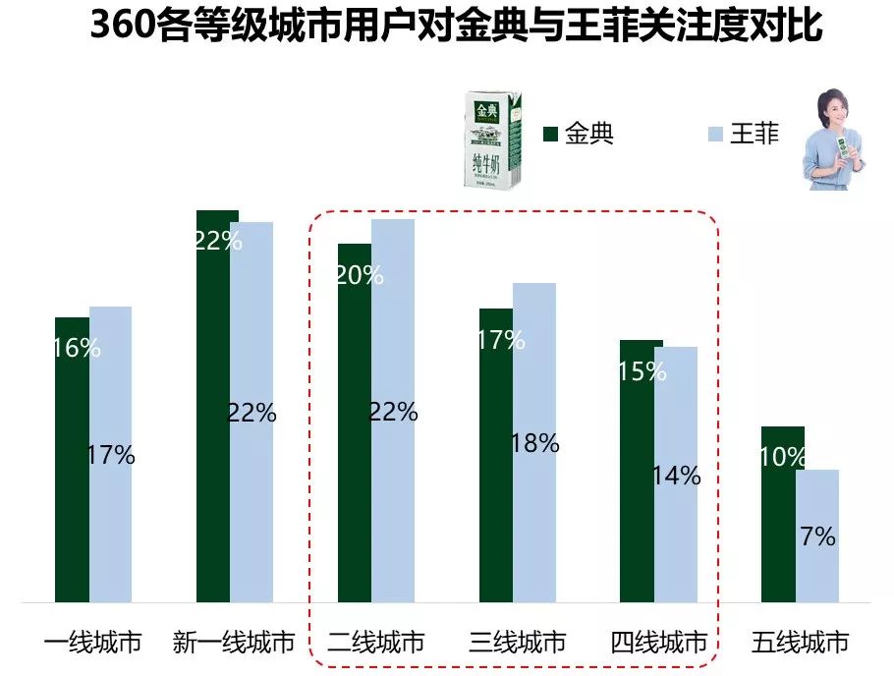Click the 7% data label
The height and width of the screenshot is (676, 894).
tap(817, 536)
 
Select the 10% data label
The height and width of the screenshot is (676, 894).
tap(782, 457)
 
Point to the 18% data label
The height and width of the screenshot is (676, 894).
tap(535, 443)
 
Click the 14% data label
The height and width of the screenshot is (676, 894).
tap(677, 477)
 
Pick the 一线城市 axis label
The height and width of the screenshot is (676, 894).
tap(93, 644)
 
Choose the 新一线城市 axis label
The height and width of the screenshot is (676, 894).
tap(234, 644)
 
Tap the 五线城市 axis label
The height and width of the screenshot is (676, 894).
tap(800, 644)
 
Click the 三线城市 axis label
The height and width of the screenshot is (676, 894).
tap(518, 644)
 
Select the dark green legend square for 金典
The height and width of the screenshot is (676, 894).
tap(550, 134)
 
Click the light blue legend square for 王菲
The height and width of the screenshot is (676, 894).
tap(715, 134)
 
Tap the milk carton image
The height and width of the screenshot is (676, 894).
tap(493, 140)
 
